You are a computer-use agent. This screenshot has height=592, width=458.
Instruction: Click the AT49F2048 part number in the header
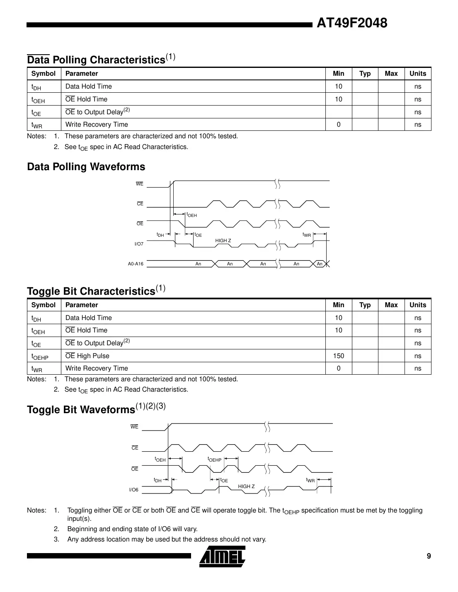(352, 23)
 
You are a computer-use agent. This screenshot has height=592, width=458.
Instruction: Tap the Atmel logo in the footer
(222, 556)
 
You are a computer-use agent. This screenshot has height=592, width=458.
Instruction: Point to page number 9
(429, 556)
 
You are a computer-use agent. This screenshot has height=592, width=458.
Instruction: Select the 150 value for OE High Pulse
(338, 356)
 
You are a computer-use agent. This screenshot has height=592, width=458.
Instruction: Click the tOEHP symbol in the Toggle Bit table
(40, 356)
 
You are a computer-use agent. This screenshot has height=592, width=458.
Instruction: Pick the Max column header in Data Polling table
(391, 73)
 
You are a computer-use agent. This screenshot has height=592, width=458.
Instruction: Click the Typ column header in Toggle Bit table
(365, 305)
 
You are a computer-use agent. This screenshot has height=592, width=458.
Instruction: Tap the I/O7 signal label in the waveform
(139, 244)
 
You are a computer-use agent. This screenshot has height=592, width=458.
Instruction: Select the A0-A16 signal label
(136, 264)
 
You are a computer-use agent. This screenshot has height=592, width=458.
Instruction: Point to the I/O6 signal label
(133, 490)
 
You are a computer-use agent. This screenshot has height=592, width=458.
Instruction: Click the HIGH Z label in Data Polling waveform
(223, 241)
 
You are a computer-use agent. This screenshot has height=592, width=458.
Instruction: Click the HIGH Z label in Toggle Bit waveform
(246, 486)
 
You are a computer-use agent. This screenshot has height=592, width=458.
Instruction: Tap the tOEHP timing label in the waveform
(214, 460)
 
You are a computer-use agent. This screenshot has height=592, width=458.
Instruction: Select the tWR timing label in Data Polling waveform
(307, 235)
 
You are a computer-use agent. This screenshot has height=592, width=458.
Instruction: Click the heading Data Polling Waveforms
(86, 167)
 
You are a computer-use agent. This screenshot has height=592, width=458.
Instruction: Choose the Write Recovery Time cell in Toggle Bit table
(97, 368)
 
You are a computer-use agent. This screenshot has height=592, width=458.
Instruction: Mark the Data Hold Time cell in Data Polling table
(89, 86)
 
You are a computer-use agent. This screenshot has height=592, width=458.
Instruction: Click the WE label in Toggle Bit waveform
(134, 427)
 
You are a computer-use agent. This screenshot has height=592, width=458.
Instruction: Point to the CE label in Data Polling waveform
(140, 204)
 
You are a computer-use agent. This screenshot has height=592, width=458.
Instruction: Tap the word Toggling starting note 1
(80, 510)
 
